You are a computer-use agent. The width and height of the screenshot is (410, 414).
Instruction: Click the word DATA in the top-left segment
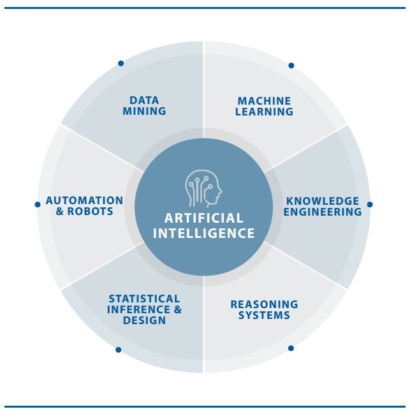click(x=144, y=100)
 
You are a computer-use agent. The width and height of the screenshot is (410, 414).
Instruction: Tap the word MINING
click(x=144, y=112)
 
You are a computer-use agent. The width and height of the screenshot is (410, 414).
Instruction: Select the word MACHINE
click(x=264, y=101)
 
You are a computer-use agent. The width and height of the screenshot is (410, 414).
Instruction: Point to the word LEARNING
click(x=264, y=112)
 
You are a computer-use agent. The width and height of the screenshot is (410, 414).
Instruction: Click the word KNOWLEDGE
click(x=323, y=201)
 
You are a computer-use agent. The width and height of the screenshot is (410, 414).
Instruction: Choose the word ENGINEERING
click(x=323, y=212)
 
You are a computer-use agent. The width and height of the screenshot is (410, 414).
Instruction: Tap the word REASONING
click(x=264, y=304)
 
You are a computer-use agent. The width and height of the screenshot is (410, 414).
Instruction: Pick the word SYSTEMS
click(x=264, y=315)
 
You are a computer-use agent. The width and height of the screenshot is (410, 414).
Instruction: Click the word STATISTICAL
click(x=144, y=299)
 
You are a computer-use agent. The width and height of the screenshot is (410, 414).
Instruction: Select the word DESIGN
click(x=144, y=321)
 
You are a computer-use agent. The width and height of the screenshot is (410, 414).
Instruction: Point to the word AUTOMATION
click(x=84, y=201)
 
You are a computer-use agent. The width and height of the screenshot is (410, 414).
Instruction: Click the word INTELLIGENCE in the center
click(x=204, y=233)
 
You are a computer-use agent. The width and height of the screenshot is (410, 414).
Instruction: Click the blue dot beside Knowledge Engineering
click(x=370, y=205)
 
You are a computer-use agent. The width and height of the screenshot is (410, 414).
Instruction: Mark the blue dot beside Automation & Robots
click(x=37, y=205)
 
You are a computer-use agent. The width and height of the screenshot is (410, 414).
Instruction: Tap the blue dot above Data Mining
click(x=121, y=63)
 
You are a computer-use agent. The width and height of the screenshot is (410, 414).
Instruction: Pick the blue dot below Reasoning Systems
click(x=291, y=348)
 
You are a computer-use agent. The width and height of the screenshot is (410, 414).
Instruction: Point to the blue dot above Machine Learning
click(x=291, y=65)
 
